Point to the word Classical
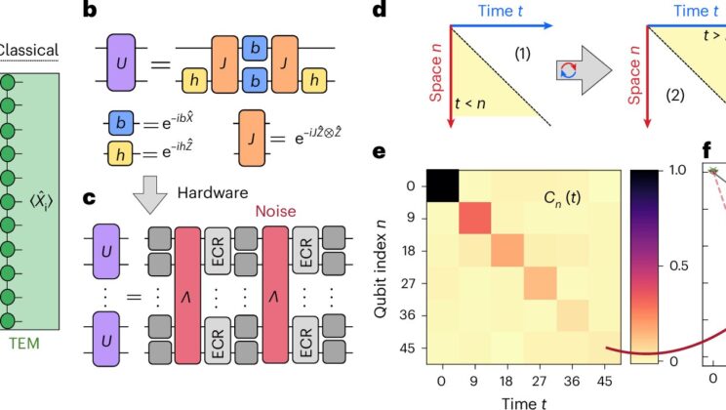28,50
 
